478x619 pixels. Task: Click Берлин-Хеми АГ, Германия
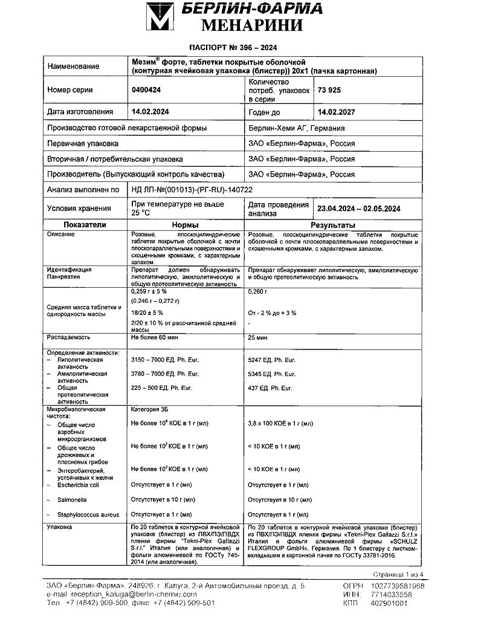297,128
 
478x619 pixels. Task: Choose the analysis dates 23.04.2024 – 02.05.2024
359,209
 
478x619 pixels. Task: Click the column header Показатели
85,224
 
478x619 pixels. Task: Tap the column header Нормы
185,224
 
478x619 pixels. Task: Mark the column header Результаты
325,224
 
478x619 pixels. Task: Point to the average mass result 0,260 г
258,291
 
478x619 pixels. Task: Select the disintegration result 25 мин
259,337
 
